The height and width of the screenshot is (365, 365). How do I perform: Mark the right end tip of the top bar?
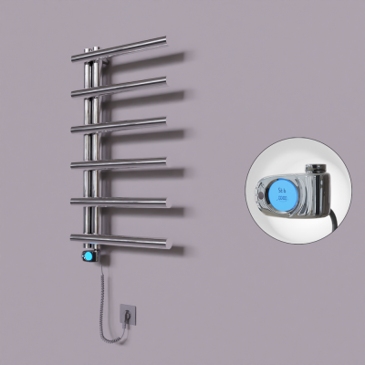165,39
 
